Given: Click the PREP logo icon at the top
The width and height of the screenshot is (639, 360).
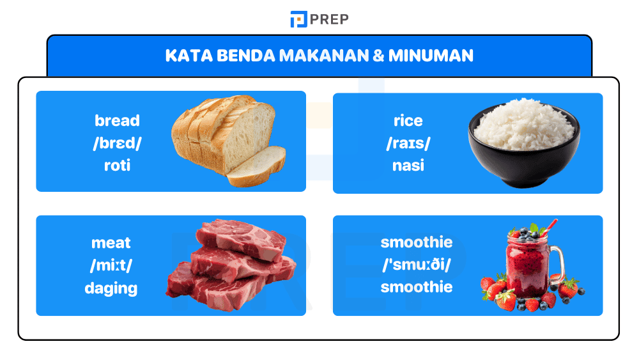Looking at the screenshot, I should tap(298, 19).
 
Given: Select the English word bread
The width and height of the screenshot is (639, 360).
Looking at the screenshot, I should tap(117, 120).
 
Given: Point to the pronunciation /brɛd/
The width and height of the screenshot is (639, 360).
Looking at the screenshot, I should tap(117, 143).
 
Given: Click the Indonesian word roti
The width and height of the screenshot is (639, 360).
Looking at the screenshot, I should tap(117, 165).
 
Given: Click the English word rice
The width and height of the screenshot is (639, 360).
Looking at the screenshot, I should tap(408, 120).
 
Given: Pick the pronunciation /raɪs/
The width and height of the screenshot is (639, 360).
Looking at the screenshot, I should tap(408, 143).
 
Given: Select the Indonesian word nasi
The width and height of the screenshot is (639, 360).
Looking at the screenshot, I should tap(408, 165).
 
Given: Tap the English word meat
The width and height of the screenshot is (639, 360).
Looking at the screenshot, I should tap(111, 242).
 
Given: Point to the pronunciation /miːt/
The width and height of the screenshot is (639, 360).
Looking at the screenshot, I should tap(111, 265).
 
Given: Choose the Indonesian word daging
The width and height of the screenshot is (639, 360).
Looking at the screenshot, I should tap(111, 288).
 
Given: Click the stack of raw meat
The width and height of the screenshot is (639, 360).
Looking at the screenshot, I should tap(230, 265).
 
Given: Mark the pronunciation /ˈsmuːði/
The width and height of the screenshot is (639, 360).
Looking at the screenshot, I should tap(417, 265).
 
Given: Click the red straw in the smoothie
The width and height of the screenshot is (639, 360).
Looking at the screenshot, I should tap(550, 227).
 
